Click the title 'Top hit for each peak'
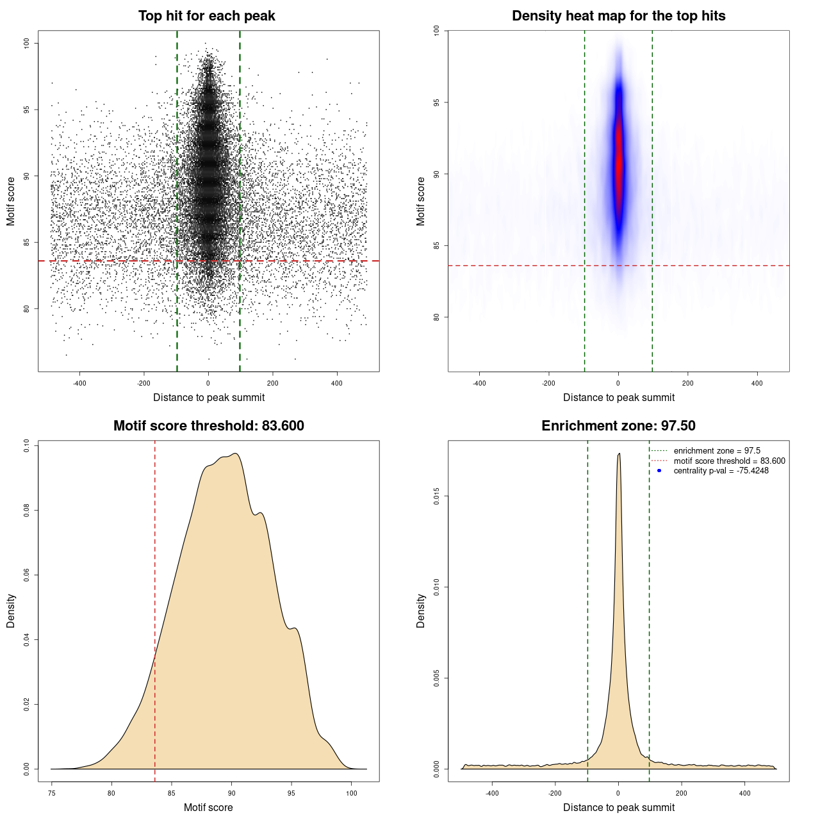[x=206, y=16]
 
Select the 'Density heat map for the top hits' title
[x=618, y=16]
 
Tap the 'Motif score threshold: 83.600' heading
[x=208, y=426]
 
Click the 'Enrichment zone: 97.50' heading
[x=618, y=426]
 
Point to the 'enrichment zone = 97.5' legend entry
[x=717, y=451]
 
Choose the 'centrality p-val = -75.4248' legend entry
[x=721, y=471]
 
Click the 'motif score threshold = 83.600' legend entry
[x=729, y=461]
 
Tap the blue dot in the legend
[x=659, y=471]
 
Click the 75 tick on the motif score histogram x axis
[x=52, y=793]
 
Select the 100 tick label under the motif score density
[x=351, y=793]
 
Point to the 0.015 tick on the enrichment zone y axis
[x=436, y=496]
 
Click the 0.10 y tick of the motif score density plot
[x=26, y=445]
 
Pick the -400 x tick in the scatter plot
[x=79, y=383]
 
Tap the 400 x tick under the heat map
[x=757, y=383]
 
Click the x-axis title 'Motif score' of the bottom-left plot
[x=208, y=807]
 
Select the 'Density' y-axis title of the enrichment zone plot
[x=421, y=611]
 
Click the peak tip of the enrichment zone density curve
[x=619, y=454]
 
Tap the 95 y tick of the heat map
[x=436, y=102]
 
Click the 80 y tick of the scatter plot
[x=26, y=308]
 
